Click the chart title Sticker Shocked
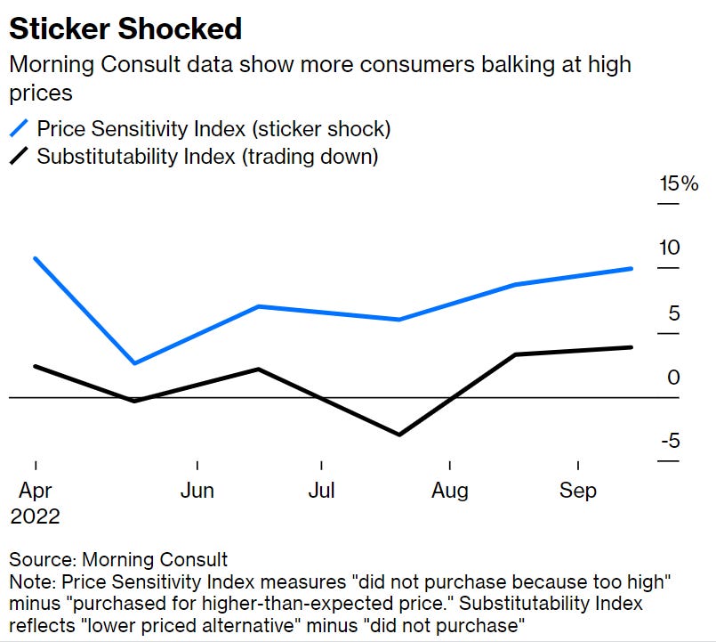coord(125,28)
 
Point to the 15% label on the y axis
coord(679,184)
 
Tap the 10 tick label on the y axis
coord(669,248)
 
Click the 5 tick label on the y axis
coord(673,313)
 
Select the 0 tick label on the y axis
coord(673,378)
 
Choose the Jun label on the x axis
coord(197,491)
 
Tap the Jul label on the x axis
coord(321,491)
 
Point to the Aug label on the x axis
coord(450,491)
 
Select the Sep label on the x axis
coord(578,491)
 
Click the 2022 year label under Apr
coord(35,516)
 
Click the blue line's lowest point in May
coord(134,363)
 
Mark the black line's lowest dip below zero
coord(399,435)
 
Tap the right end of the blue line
coord(632,268)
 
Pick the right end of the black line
coord(632,347)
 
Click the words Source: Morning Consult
coord(118,560)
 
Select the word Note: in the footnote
coord(30,581)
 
